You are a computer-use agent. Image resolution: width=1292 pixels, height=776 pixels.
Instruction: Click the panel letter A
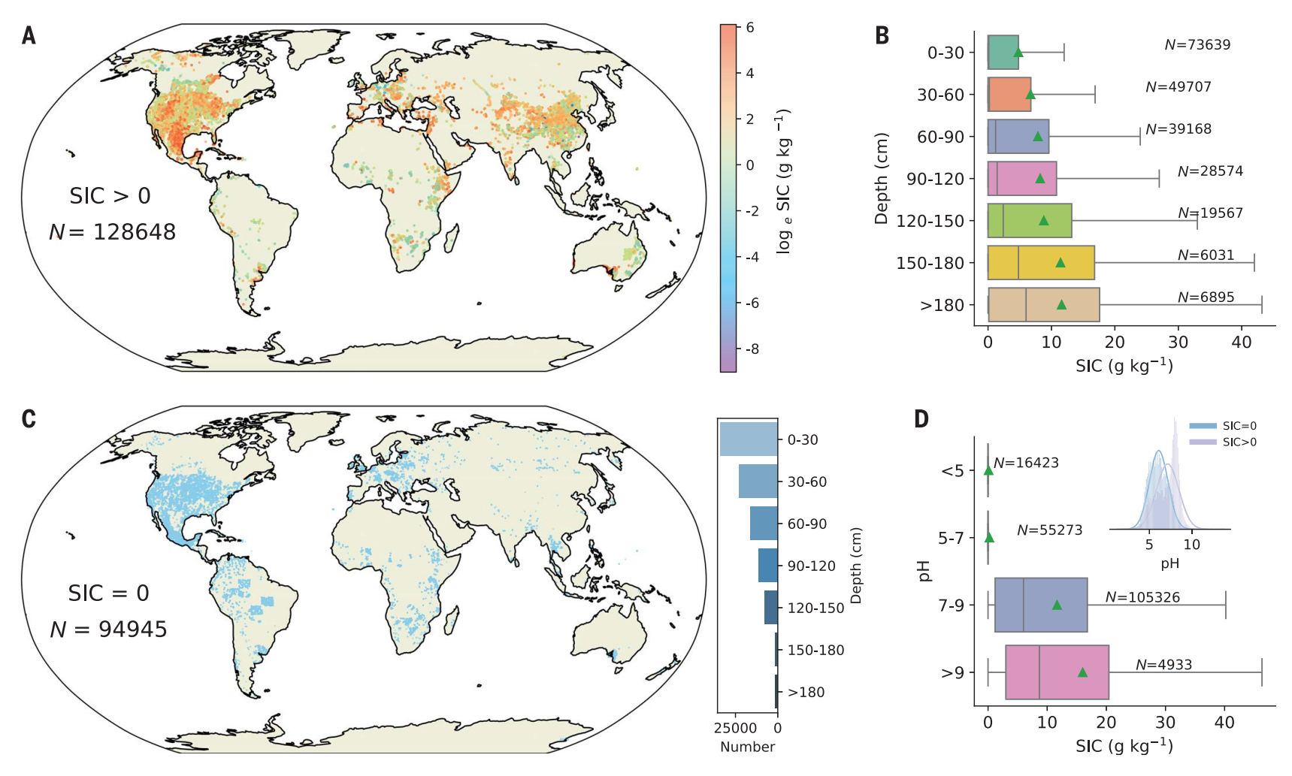[x=29, y=35]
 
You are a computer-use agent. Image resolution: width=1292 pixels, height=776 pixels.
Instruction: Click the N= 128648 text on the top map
[x=113, y=232]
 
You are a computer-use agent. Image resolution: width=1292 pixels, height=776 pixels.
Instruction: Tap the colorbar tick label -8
[x=752, y=349]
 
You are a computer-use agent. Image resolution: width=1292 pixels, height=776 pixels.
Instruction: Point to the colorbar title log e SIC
[x=784, y=180]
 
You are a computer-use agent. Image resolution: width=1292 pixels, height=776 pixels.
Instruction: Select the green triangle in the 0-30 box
[x=1018, y=53]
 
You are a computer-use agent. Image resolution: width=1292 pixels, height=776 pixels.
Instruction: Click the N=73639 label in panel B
[x=1197, y=45]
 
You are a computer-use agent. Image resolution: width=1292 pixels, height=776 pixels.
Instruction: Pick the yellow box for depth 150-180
[x=1041, y=263]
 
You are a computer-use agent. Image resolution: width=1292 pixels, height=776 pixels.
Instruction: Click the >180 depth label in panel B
[x=942, y=306]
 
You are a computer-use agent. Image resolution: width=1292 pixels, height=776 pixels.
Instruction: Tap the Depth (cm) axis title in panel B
[x=882, y=179]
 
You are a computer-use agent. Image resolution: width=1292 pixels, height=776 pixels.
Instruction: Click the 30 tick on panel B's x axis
[x=1178, y=343]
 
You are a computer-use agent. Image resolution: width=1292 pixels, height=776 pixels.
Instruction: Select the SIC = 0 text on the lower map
[x=109, y=593]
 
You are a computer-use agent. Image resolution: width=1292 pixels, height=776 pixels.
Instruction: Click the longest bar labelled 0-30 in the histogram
[x=749, y=439]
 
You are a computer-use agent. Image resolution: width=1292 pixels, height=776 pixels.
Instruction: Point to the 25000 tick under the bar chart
[x=735, y=728]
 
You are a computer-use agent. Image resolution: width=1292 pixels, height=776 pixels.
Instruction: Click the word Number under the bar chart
[x=747, y=747]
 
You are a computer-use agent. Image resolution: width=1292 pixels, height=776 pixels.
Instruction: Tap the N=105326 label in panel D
[x=1142, y=598]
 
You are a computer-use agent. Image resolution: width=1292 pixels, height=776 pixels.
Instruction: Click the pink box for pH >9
[x=1057, y=672]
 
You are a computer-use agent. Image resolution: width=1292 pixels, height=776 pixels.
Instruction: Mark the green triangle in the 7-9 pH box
[x=1057, y=605]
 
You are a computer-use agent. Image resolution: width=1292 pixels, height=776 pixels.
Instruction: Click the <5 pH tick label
[x=952, y=471]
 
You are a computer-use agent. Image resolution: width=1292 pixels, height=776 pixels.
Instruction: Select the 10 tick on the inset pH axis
[x=1192, y=545]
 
